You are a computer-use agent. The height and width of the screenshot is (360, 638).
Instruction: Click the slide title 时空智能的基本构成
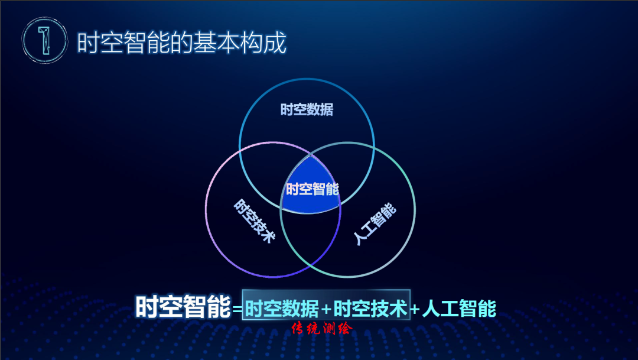181,43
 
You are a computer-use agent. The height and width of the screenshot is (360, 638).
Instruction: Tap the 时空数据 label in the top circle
307,109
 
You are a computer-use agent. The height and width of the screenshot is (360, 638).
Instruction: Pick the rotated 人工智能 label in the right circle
375,224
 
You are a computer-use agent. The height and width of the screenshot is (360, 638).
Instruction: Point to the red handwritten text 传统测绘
321,329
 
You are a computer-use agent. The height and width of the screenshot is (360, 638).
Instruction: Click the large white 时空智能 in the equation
183,307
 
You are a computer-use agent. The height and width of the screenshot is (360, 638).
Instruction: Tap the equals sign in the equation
237,309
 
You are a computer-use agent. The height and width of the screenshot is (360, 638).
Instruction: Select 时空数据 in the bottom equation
282,309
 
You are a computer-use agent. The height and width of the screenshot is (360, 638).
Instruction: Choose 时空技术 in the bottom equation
370,309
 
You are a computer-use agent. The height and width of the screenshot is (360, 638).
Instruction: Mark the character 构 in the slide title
250,43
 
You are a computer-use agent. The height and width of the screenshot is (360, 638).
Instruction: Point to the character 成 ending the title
275,43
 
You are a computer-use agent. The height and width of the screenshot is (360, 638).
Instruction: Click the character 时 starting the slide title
88,43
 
